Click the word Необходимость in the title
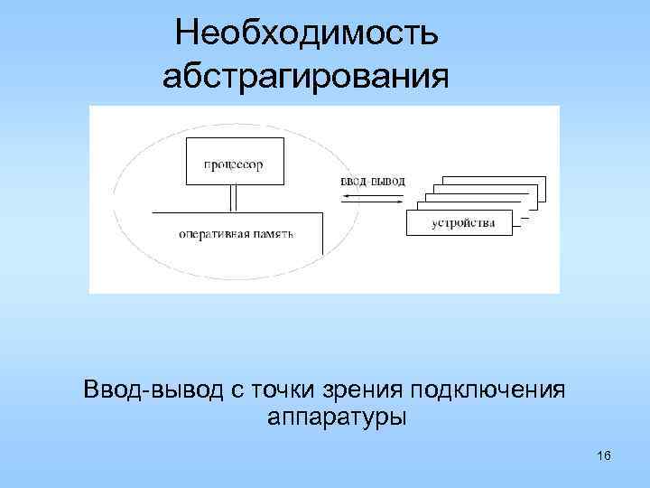pos(307,33)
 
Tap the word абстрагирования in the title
pos(305,77)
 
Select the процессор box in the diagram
pos(232,163)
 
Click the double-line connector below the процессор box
pos(233,198)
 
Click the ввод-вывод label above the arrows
pos(373,181)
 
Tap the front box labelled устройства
pos(460,222)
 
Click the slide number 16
pos(604,455)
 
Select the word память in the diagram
pos(274,233)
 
